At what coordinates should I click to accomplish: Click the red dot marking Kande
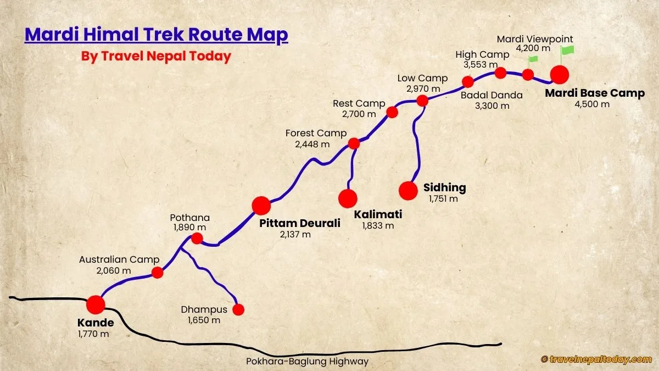click(x=96, y=304)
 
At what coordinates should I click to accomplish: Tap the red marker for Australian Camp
click(x=158, y=273)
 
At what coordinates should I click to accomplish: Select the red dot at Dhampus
click(x=238, y=309)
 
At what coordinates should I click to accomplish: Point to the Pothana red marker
click(x=197, y=239)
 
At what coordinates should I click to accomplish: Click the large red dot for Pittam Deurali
click(x=261, y=205)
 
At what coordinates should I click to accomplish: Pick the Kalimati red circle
click(x=348, y=198)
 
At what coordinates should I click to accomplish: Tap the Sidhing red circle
click(x=408, y=190)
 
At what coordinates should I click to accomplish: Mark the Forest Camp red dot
click(x=354, y=143)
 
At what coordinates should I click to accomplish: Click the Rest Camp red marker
click(x=392, y=112)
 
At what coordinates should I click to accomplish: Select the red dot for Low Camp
click(x=422, y=101)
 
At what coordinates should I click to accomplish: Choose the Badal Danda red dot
click(x=468, y=82)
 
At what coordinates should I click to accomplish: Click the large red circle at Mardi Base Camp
click(x=560, y=74)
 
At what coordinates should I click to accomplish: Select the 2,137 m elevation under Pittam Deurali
click(x=295, y=235)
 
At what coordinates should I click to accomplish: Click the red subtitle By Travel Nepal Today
click(x=156, y=56)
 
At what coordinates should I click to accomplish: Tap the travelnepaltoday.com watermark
click(x=596, y=359)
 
